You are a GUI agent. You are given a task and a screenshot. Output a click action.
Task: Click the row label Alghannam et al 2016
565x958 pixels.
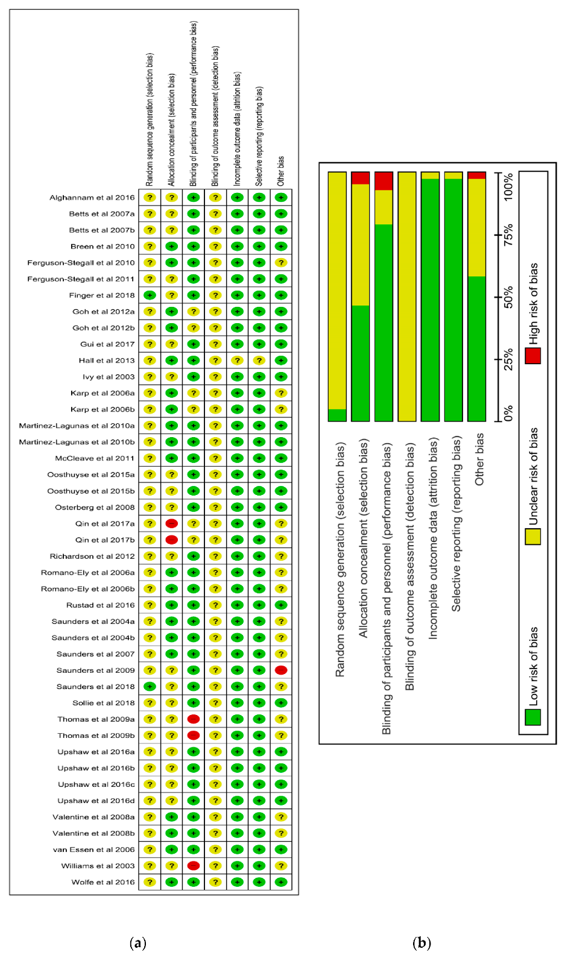(x=92, y=197)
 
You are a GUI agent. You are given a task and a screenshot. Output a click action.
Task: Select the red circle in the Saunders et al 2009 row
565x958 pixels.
(x=281, y=670)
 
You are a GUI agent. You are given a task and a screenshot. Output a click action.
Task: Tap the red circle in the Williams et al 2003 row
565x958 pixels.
(x=194, y=866)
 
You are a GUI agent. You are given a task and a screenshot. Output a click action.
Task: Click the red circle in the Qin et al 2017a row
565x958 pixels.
(x=171, y=523)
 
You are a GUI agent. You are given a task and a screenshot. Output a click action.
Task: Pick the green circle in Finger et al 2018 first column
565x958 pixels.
(x=150, y=295)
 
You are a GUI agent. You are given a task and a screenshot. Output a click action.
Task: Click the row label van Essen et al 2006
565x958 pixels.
(x=93, y=849)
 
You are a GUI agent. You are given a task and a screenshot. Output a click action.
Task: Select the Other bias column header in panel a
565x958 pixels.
(x=281, y=171)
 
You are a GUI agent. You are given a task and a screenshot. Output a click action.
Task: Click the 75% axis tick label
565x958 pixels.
(x=509, y=235)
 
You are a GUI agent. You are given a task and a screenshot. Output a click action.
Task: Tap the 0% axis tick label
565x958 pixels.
(x=509, y=414)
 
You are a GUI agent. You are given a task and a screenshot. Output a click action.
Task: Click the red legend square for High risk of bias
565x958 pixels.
(x=532, y=356)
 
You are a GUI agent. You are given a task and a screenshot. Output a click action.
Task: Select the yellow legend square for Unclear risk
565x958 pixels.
(x=532, y=537)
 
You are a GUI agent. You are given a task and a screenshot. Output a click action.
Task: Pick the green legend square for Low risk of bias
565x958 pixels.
(x=532, y=717)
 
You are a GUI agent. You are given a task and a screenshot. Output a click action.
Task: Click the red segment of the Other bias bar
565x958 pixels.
(x=476, y=175)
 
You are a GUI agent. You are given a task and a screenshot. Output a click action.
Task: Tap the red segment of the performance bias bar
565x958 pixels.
(x=384, y=181)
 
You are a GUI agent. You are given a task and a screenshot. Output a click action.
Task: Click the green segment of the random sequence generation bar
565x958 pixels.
(x=337, y=415)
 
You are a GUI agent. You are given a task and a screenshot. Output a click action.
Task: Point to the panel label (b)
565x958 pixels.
(x=421, y=942)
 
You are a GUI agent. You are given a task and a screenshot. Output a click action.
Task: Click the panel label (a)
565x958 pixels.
(x=138, y=942)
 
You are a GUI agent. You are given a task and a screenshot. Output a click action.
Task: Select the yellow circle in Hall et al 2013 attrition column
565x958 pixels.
(x=237, y=360)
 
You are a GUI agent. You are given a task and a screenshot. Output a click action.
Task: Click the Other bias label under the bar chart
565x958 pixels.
(x=479, y=459)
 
